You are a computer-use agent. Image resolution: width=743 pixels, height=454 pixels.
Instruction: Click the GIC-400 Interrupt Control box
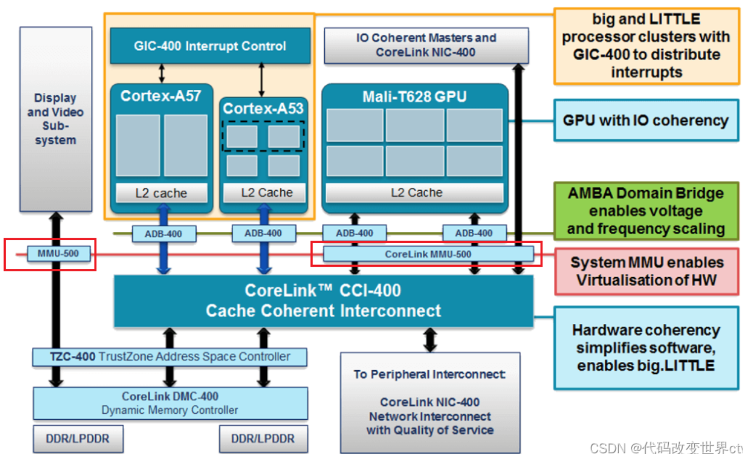211,46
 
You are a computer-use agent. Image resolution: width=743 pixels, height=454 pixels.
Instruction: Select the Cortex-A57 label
161,96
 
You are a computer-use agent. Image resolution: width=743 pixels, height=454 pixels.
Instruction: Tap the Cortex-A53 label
263,108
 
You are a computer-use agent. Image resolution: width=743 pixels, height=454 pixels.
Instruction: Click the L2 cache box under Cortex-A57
162,193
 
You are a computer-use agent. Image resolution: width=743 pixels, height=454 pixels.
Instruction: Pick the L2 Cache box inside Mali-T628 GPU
415,193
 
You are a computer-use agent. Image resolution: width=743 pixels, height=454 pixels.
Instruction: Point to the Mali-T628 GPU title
415,97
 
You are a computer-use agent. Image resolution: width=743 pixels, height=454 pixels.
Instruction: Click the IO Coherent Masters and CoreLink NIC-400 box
426,45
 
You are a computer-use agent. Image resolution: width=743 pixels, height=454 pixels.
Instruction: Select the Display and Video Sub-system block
56,119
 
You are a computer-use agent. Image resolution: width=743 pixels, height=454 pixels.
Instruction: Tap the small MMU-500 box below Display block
59,254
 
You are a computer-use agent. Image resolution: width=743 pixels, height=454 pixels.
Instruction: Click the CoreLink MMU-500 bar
428,255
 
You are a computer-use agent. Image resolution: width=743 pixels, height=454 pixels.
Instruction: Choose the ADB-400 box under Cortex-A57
164,234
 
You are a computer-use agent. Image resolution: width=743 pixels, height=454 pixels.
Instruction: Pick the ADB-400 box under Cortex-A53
264,234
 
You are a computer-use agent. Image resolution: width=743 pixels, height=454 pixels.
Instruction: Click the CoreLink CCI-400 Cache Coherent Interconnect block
324,301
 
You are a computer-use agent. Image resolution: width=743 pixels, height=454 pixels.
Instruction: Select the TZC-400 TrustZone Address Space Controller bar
169,357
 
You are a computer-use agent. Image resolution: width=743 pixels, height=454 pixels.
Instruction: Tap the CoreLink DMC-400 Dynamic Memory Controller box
170,403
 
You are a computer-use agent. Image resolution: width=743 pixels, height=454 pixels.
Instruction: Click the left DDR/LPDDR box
78,439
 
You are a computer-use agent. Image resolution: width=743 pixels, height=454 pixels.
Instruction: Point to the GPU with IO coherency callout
646,121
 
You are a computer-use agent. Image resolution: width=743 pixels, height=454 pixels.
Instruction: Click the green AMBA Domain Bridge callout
646,211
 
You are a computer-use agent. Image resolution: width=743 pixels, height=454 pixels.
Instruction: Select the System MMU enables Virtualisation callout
647,271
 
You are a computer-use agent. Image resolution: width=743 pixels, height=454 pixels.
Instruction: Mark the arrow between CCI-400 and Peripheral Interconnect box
430,340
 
